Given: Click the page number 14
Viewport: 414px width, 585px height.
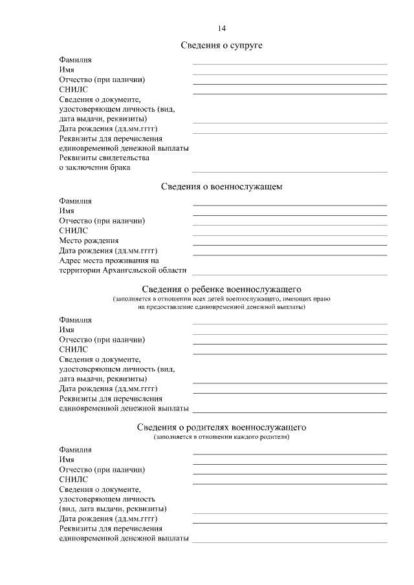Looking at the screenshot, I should (222, 28).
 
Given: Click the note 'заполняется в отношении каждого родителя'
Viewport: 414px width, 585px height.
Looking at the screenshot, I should (222, 437).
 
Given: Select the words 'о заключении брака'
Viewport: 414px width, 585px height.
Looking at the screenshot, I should (94, 167).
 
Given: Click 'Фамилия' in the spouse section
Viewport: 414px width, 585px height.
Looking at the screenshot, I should (75, 59).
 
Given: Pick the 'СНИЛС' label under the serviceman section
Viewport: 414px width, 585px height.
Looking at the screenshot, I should (73, 230).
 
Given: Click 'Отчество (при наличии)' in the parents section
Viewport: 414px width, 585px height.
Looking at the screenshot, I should (102, 469).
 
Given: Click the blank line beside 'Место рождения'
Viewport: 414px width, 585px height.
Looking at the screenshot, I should (290, 244).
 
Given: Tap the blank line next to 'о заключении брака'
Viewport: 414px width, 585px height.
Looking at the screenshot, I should (290, 171).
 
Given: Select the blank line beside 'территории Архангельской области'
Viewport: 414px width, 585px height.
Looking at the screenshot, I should (290, 274).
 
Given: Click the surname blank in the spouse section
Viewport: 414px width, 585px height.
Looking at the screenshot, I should (290, 63).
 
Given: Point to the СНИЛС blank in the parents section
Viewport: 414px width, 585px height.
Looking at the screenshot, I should (290, 484).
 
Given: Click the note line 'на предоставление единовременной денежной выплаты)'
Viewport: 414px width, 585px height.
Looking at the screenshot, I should (222, 307).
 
